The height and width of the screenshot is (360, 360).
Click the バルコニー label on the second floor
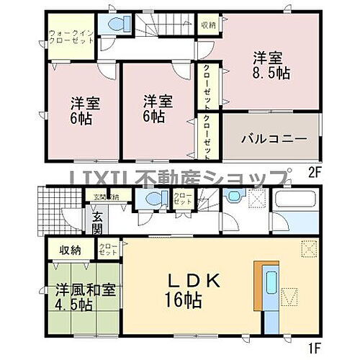264,138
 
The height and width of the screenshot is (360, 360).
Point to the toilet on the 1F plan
151,199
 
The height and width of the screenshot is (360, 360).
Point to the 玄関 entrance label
96,222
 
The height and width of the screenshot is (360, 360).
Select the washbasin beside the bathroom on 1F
231,197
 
